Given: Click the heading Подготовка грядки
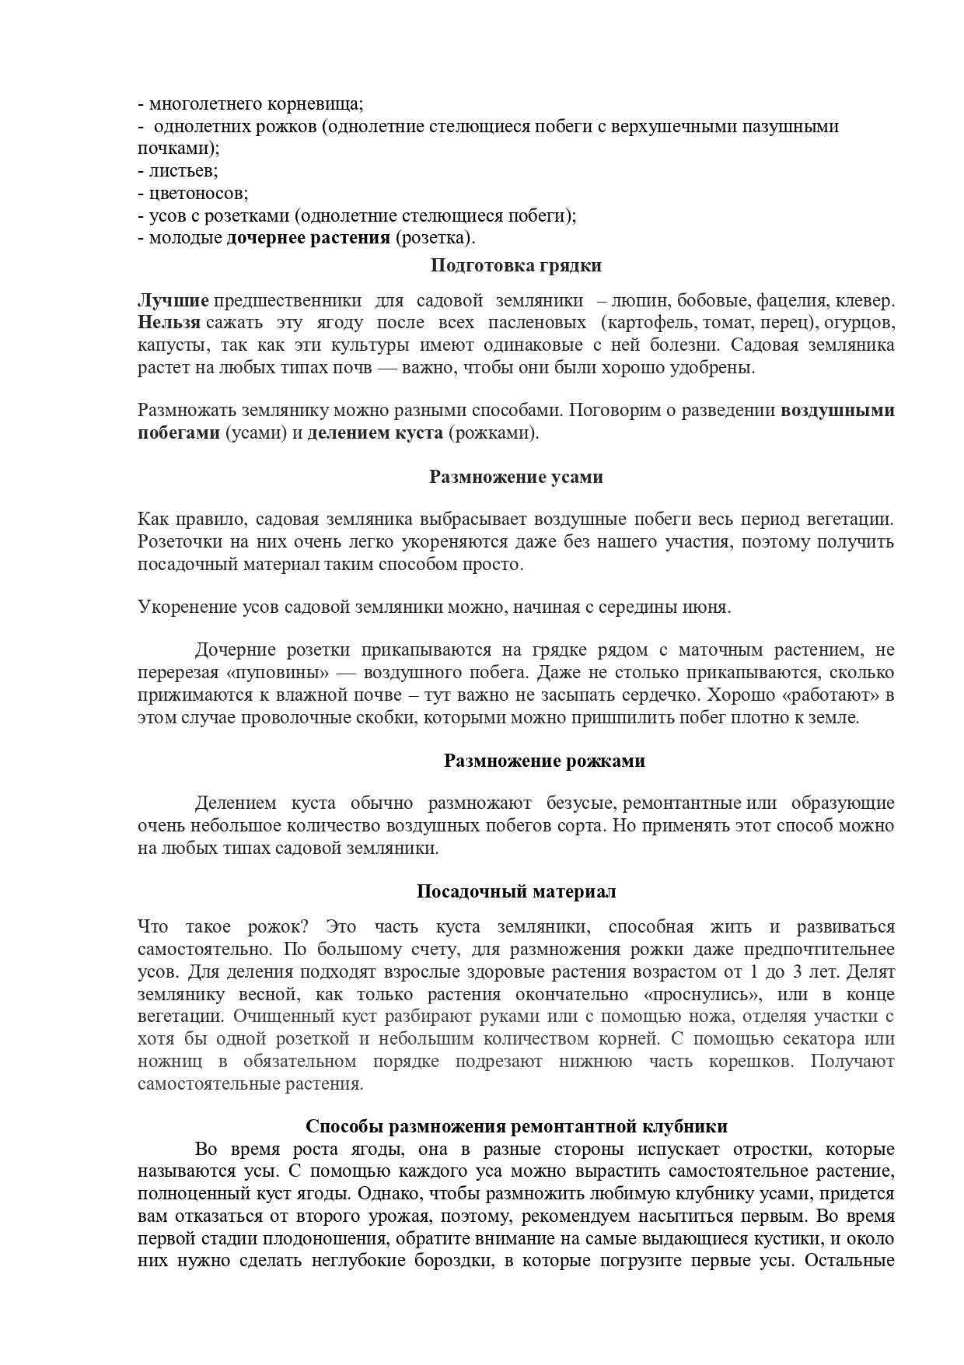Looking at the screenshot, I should pos(515,266).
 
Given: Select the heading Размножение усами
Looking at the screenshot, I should pos(515,477).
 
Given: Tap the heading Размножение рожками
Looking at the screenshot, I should pos(544,761).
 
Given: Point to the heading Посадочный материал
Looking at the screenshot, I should pos(516,891).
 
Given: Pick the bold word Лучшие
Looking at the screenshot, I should pos(173,301).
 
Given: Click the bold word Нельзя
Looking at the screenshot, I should pos(169,323).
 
